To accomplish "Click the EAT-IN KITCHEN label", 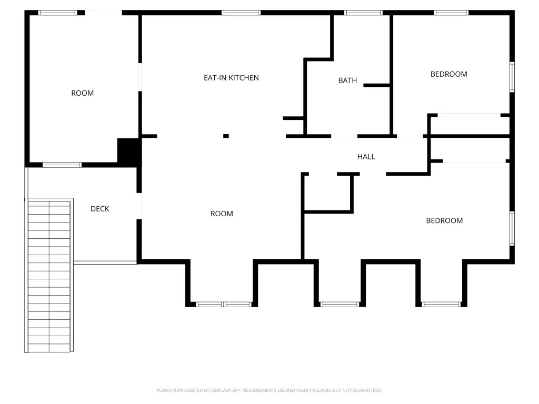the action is pos(231,78).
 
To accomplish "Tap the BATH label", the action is pos(347,80).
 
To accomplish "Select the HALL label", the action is pos(366,157).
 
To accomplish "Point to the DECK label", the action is pos(99,209).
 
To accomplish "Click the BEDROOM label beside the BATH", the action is pos(448,74).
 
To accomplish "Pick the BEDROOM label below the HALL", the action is pos(444,220).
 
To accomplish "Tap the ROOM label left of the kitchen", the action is pos(82,93).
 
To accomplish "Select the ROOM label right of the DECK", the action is pos(222,214).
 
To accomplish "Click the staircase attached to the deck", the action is pos(49,275).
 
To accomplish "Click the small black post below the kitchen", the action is pos(226,136).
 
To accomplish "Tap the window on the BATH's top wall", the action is pos(363,13).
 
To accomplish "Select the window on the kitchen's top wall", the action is pos(241,13).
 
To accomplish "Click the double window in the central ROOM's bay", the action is pos(223,305).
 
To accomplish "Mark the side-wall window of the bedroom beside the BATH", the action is pos(512,77).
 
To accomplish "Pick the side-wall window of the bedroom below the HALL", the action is pos(512,228).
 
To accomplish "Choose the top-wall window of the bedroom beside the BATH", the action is pos(451,13).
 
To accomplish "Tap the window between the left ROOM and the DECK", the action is pos(62,165).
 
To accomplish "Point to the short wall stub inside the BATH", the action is pos(376,85).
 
